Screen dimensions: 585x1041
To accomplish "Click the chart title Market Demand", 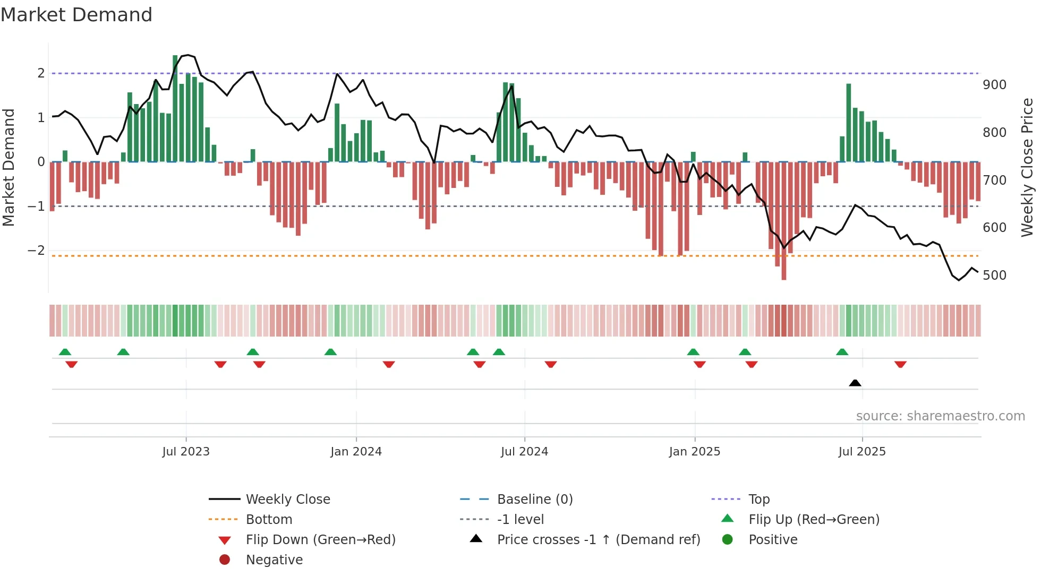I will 76,15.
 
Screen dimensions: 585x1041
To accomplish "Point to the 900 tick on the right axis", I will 994,85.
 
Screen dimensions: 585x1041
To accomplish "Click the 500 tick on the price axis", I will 994,276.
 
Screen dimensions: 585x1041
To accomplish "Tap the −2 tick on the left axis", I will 36,251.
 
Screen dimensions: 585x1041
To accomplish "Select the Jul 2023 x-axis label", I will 186,452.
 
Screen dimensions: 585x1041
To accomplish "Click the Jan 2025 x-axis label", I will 694,452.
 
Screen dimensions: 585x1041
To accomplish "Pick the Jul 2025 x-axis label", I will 862,452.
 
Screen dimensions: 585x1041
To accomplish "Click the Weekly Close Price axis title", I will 1027,167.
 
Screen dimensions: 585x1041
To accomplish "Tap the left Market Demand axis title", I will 8,167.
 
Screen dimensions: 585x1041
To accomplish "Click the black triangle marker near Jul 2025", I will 855,383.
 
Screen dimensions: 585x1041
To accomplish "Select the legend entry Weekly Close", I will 287,500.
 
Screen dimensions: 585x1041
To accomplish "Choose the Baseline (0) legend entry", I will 534,500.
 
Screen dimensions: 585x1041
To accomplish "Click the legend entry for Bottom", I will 269,520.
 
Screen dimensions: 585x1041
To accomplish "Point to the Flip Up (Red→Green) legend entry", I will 814,520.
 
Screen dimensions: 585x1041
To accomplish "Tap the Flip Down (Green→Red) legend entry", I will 320,540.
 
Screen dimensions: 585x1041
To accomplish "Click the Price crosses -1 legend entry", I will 598,540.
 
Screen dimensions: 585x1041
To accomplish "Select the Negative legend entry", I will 274,560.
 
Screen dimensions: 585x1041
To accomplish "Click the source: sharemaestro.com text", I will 940,416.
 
